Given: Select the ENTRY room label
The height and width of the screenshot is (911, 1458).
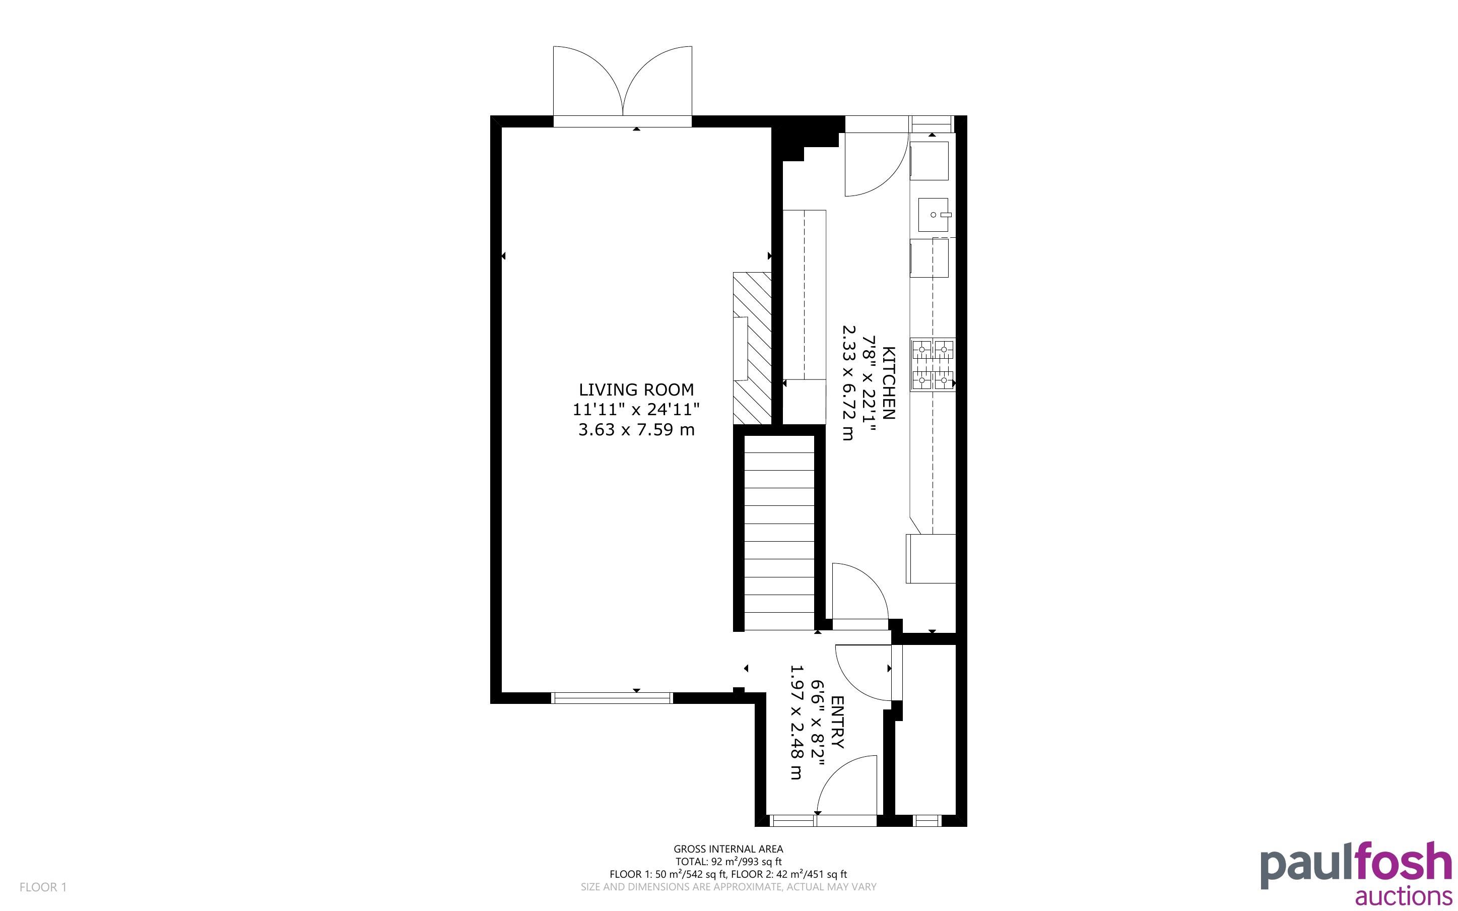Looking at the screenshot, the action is [x=837, y=723].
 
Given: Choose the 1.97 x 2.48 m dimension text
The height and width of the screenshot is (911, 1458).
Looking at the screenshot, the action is [x=796, y=723].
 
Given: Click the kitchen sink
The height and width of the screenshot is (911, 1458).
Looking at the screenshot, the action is [x=934, y=215].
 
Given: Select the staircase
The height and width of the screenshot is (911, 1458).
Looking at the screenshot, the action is [x=779, y=533].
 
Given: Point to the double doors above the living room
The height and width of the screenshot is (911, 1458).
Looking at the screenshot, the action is [x=623, y=84].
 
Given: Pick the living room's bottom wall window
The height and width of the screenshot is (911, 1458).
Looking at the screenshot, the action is [x=612, y=698].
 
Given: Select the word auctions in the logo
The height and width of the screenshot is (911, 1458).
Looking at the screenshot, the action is [x=1403, y=896].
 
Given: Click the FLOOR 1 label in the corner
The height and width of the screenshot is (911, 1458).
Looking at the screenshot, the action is [x=43, y=887].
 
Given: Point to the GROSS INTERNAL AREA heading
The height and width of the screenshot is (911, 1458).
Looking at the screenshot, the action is [x=728, y=850].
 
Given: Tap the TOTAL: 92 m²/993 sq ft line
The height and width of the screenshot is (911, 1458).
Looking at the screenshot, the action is [x=728, y=862].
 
